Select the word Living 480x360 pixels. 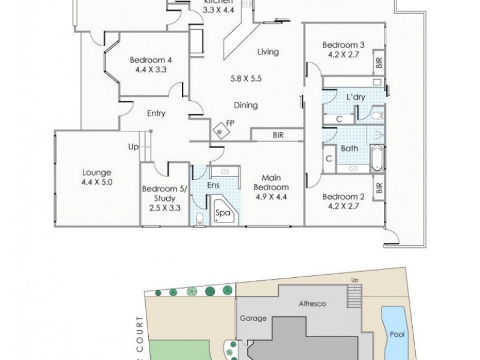[268, 52]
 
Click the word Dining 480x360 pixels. [246, 106]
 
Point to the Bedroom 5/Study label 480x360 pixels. [160, 194]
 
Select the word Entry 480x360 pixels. [155, 113]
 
